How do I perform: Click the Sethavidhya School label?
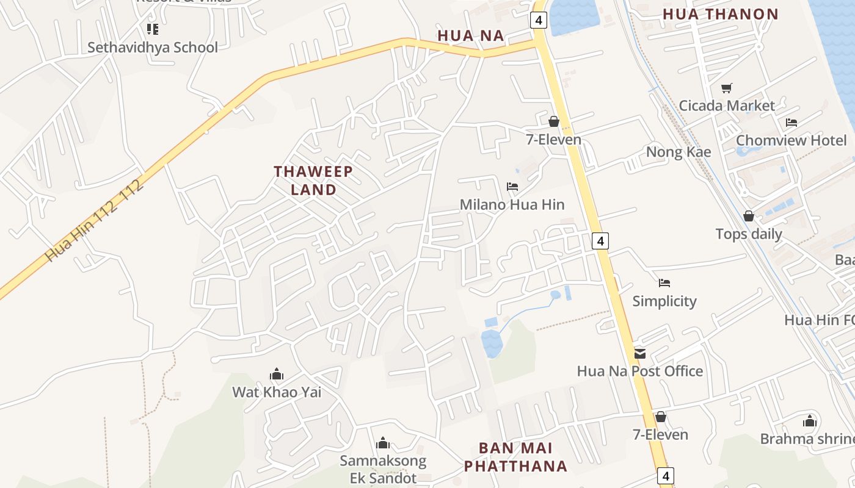[x=152, y=48]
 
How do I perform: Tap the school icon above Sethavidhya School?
[x=152, y=29]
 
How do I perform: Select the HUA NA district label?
[x=471, y=36]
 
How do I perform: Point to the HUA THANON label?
[x=720, y=14]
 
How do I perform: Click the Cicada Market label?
[x=726, y=106]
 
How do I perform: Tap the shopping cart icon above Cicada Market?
[x=726, y=88]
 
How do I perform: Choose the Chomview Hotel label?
[x=791, y=140]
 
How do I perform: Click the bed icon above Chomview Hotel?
[x=791, y=123]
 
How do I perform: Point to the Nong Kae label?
[x=679, y=152]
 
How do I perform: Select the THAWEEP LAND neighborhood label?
[x=313, y=180]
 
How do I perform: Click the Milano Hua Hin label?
[x=512, y=204]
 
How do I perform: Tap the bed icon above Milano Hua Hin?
[x=512, y=187]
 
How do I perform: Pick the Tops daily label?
[x=748, y=234]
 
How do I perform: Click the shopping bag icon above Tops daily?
[x=749, y=216]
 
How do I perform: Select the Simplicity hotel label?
[x=664, y=301]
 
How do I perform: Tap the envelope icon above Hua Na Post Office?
[x=640, y=353]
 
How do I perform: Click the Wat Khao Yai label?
[x=276, y=392]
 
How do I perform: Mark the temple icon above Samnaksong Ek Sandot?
[x=383, y=442]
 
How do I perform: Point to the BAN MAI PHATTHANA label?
[x=515, y=457]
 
